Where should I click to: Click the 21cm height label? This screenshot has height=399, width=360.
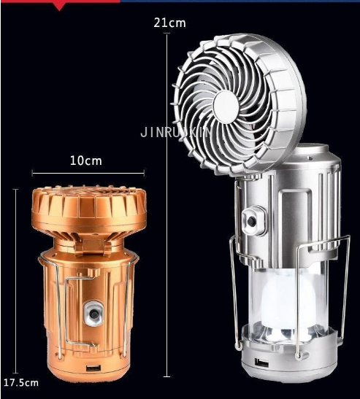tap(169, 23)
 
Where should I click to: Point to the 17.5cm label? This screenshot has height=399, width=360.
tap(20, 382)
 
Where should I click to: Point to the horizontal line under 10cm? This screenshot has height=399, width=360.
tap(88, 172)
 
